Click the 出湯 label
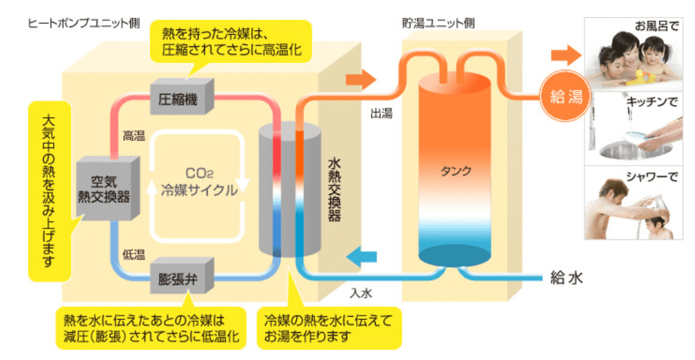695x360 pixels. (381, 114)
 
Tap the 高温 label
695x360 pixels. (134, 136)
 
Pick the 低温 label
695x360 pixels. (134, 254)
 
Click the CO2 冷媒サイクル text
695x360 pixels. (199, 184)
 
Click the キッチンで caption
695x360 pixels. (652, 102)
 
